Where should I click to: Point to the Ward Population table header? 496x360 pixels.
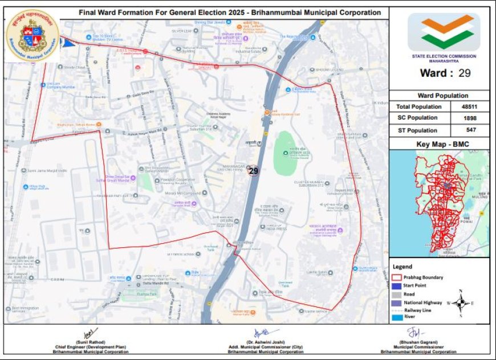[439, 96]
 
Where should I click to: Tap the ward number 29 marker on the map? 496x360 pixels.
[254, 170]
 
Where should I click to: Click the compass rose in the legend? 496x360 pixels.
[462, 303]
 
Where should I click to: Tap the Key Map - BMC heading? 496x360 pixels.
[439, 144]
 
